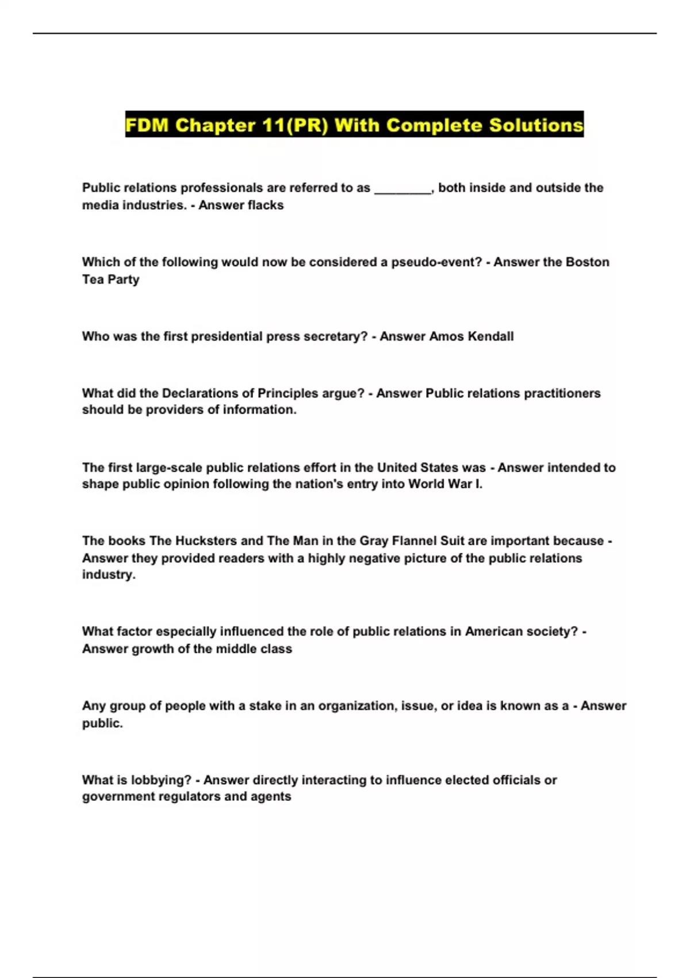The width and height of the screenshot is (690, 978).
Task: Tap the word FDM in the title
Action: coord(147,125)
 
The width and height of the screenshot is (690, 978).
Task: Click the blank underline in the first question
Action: coord(402,189)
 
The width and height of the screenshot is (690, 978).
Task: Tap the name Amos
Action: coord(446,336)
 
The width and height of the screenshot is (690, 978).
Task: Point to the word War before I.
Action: coord(460,484)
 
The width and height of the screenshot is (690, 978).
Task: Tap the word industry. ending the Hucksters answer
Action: coord(109,574)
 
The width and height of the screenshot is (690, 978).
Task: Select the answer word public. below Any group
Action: coord(102,723)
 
